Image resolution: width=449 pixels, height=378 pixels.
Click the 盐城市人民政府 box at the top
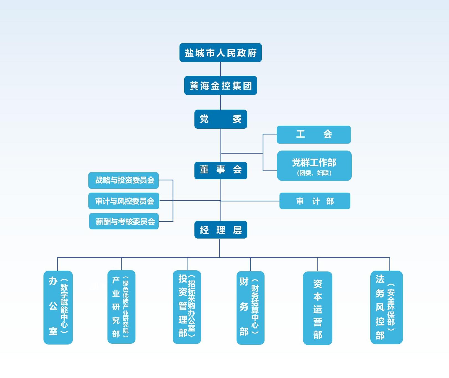tap(220, 53)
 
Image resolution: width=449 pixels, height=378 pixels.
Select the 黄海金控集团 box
tap(220, 86)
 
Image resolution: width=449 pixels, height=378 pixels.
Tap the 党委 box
tap(220, 119)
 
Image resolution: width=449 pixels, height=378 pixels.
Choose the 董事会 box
tap(220, 170)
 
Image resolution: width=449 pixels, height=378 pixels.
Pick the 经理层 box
tap(220, 230)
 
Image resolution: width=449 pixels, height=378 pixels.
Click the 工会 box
tap(314, 134)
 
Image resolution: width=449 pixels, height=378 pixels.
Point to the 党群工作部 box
tap(314, 163)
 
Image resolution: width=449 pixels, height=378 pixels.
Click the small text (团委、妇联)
tap(314, 173)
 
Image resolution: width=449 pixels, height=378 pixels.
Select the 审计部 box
tap(315, 201)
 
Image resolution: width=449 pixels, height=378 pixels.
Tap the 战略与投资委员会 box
tap(124, 180)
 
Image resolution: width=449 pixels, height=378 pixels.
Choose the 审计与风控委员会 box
tap(124, 201)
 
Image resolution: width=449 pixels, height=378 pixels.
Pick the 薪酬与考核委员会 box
tap(124, 221)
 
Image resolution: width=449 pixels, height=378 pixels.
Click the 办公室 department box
tap(58, 307)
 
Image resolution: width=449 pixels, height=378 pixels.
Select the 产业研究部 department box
tap(121, 307)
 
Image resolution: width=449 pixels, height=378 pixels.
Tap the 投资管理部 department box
tap(187, 307)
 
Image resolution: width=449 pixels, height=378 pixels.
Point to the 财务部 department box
tap(250, 308)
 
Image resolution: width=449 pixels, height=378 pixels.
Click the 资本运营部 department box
tap(317, 308)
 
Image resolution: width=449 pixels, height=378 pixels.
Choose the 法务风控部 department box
tap(386, 307)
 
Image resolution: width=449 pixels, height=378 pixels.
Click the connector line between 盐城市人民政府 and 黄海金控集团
tap(220, 69)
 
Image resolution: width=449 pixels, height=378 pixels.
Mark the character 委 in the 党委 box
tap(237, 119)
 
